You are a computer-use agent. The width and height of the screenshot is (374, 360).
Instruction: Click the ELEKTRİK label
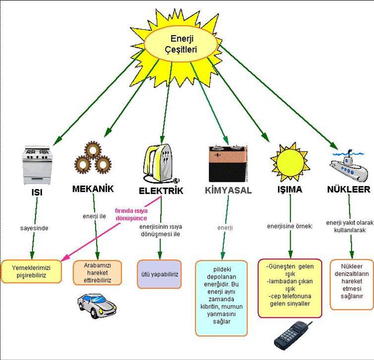pyautogui.click(x=161, y=191)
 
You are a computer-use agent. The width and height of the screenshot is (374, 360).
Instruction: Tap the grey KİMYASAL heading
pyautogui.click(x=228, y=190)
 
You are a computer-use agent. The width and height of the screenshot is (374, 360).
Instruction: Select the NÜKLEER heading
pyautogui.click(x=349, y=190)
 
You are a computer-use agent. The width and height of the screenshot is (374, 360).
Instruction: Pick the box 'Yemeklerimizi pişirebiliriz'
pyautogui.click(x=32, y=270)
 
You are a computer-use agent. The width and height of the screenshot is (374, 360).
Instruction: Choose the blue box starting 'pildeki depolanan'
pyautogui.click(x=221, y=298)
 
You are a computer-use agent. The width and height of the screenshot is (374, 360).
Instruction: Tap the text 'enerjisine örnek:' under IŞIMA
pyautogui.click(x=290, y=227)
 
